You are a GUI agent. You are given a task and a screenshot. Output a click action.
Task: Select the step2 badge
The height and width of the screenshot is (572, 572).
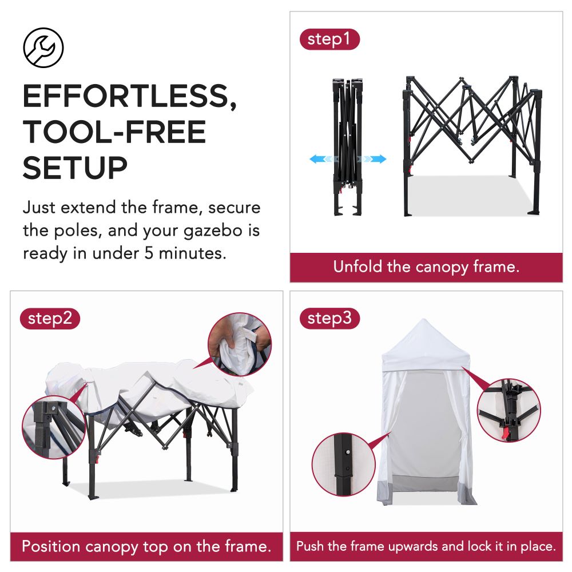50,319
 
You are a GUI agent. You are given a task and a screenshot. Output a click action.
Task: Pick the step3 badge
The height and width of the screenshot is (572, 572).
329,319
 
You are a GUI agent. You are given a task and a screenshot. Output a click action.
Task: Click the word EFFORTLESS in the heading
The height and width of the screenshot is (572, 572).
129,97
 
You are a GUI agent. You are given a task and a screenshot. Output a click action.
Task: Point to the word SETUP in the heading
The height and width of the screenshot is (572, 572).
75,167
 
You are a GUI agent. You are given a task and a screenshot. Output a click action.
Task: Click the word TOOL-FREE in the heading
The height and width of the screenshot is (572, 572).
114,132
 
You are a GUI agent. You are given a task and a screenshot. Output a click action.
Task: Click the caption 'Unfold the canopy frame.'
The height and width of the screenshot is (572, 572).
426,267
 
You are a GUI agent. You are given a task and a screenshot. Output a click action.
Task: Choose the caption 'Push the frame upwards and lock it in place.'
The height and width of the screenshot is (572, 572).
426,546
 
